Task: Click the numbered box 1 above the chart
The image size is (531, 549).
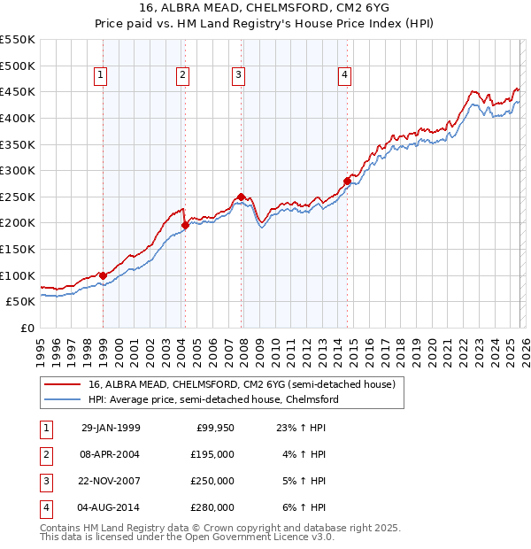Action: pos(101,76)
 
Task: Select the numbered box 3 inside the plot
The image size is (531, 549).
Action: pos(239,76)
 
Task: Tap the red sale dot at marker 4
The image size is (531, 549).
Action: pos(347,182)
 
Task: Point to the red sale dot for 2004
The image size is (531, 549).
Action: pos(185,226)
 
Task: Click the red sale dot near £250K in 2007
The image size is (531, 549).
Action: pos(242,197)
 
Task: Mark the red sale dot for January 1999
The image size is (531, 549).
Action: pos(104,275)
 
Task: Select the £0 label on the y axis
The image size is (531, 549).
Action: pos(27,328)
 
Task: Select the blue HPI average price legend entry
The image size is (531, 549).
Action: pos(213,399)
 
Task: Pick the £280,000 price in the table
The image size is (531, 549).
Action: pos(212,507)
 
